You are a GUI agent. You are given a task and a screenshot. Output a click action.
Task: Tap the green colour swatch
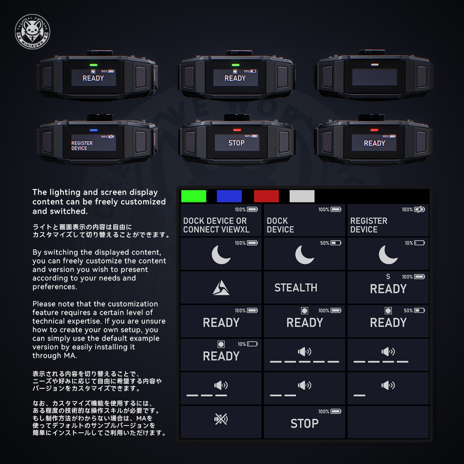pyautogui.click(x=193, y=196)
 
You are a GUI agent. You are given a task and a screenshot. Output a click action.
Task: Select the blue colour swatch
pyautogui.click(x=229, y=196)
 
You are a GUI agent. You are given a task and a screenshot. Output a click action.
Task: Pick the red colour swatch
pyautogui.click(x=266, y=196)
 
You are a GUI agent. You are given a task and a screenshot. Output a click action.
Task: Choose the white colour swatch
pyautogui.click(x=302, y=196)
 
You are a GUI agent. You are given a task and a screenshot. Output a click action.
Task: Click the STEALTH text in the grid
pyautogui.click(x=295, y=288)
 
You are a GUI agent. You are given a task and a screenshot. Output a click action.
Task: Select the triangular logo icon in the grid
pyautogui.click(x=221, y=288)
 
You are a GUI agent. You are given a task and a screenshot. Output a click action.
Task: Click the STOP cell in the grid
pyautogui.click(x=304, y=424)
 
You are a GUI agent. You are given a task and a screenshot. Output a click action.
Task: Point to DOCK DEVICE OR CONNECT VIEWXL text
pyautogui.click(x=216, y=225)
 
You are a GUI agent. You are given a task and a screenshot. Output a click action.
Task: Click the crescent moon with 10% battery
pyautogui.click(x=388, y=255)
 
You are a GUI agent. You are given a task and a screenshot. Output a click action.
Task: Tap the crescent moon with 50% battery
pyautogui.click(x=304, y=255)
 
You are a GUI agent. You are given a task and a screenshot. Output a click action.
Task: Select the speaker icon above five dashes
pyautogui.click(x=304, y=352)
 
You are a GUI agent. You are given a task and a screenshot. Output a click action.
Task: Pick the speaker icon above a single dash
pyautogui.click(x=388, y=386)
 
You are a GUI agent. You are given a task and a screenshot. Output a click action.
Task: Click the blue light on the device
pyautogui.click(x=94, y=130)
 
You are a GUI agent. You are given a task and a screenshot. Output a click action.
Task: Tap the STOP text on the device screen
pyautogui.click(x=236, y=143)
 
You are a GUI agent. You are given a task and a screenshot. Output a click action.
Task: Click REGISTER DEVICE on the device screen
pyautogui.click(x=82, y=145)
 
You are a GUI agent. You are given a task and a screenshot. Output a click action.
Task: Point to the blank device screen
pyautogui.click(x=374, y=77)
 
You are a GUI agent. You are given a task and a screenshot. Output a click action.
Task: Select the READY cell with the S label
pyautogui.click(x=388, y=289)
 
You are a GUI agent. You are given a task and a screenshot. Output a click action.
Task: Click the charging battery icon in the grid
pyautogui.click(x=420, y=209)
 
